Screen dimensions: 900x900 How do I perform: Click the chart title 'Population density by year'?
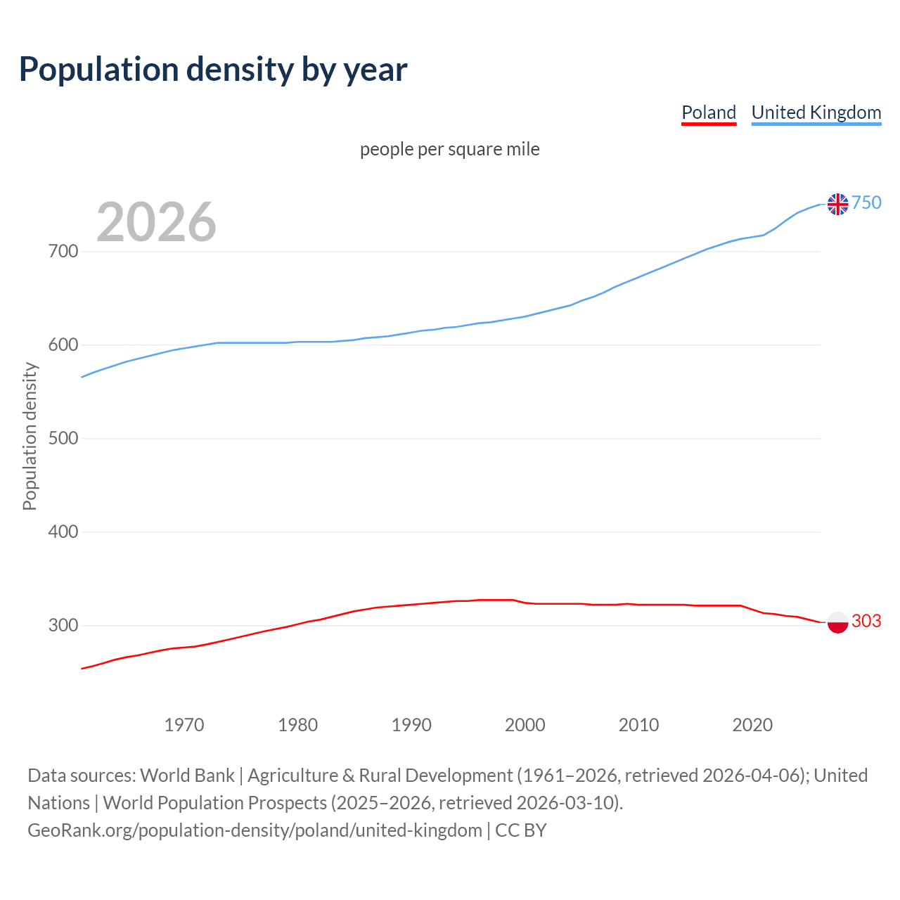click(x=213, y=70)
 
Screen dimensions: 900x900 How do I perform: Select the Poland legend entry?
click(x=709, y=112)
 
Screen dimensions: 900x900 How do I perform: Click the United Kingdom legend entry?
click(x=816, y=112)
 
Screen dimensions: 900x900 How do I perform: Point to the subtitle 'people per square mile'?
click(x=450, y=149)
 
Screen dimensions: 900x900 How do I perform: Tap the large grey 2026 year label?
click(x=156, y=222)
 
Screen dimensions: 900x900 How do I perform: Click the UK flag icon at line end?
click(x=837, y=204)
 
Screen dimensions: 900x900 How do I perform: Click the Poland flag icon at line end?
click(x=837, y=622)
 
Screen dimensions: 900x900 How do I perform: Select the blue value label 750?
click(x=866, y=202)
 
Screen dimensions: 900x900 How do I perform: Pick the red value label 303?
click(x=866, y=621)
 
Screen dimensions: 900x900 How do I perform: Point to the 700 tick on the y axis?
click(x=63, y=251)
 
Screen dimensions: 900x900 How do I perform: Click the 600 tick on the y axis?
click(x=63, y=345)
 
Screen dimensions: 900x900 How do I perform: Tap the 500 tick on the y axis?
click(x=63, y=438)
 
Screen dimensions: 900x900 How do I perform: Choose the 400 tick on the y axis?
click(x=63, y=532)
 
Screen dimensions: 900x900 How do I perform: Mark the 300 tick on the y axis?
click(x=63, y=625)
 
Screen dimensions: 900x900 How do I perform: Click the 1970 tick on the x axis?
click(x=184, y=725)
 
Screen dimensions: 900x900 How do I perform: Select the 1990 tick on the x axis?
click(x=411, y=725)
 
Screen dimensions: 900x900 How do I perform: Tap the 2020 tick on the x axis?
click(x=752, y=725)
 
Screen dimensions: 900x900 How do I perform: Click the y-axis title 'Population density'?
click(x=30, y=436)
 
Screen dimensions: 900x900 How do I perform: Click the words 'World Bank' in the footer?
click(x=187, y=776)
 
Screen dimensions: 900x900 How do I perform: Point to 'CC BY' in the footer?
click(x=521, y=830)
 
